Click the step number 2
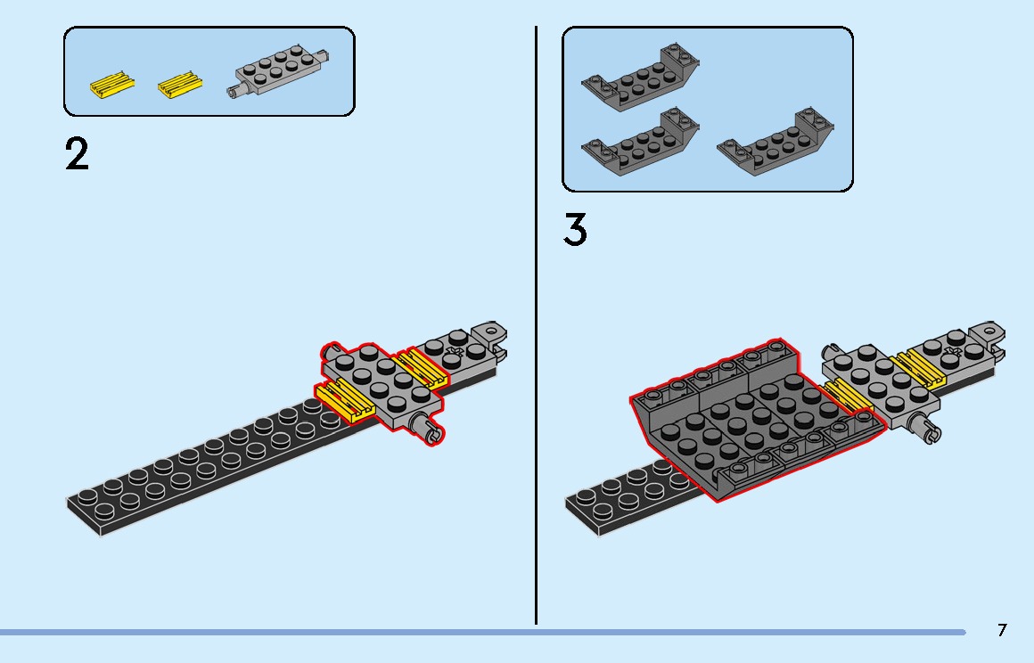pyautogui.click(x=78, y=155)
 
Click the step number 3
pyautogui.click(x=575, y=230)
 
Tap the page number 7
pyautogui.click(x=1002, y=630)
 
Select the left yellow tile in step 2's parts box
pyautogui.click(x=112, y=86)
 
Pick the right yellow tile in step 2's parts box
pyautogui.click(x=180, y=85)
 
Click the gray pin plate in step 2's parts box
pyautogui.click(x=278, y=71)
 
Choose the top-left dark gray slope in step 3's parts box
pyautogui.click(x=640, y=77)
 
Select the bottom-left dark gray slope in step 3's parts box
pyautogui.click(x=640, y=141)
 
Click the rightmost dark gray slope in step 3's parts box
pyautogui.click(x=775, y=142)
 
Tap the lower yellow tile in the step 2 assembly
pyautogui.click(x=344, y=399)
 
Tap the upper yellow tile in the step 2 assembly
pyautogui.click(x=421, y=367)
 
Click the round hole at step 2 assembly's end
pyautogui.click(x=490, y=330)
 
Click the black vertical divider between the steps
pyautogui.click(x=536, y=325)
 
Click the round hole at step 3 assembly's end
pyautogui.click(x=989, y=329)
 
